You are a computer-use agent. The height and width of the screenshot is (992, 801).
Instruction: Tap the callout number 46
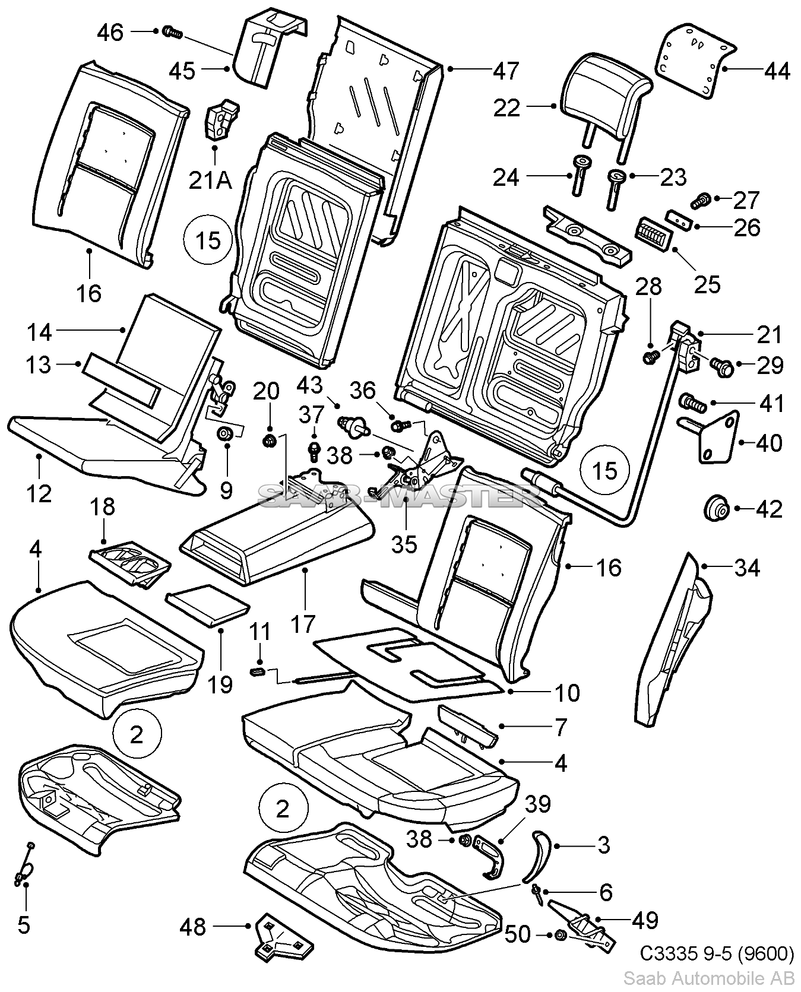[x=110, y=31]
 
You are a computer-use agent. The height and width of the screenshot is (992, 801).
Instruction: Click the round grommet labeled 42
[x=717, y=509]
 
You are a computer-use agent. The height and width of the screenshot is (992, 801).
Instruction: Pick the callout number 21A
[x=210, y=179]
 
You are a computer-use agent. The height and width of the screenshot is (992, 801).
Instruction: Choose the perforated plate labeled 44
[x=695, y=59]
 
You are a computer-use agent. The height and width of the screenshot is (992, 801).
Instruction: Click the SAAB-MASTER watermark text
[x=392, y=494]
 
